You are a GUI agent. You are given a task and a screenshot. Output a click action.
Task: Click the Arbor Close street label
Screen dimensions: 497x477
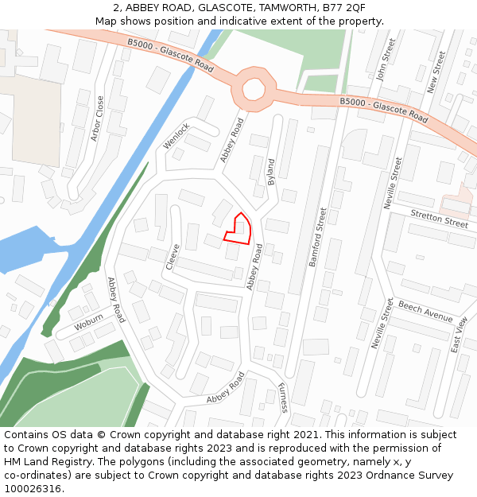(98, 118)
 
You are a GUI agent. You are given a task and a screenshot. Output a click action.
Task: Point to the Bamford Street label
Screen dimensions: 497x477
(318, 237)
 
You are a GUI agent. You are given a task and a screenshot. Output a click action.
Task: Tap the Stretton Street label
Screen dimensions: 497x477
(440, 219)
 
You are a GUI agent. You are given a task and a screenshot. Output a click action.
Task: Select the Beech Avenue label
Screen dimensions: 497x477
(425, 312)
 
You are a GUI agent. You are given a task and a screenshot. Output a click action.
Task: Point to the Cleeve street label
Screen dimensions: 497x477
(173, 257)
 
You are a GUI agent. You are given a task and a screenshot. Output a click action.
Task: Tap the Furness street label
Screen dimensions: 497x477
(282, 398)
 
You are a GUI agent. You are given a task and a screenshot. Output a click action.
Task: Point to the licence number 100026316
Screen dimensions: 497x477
(32, 488)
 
